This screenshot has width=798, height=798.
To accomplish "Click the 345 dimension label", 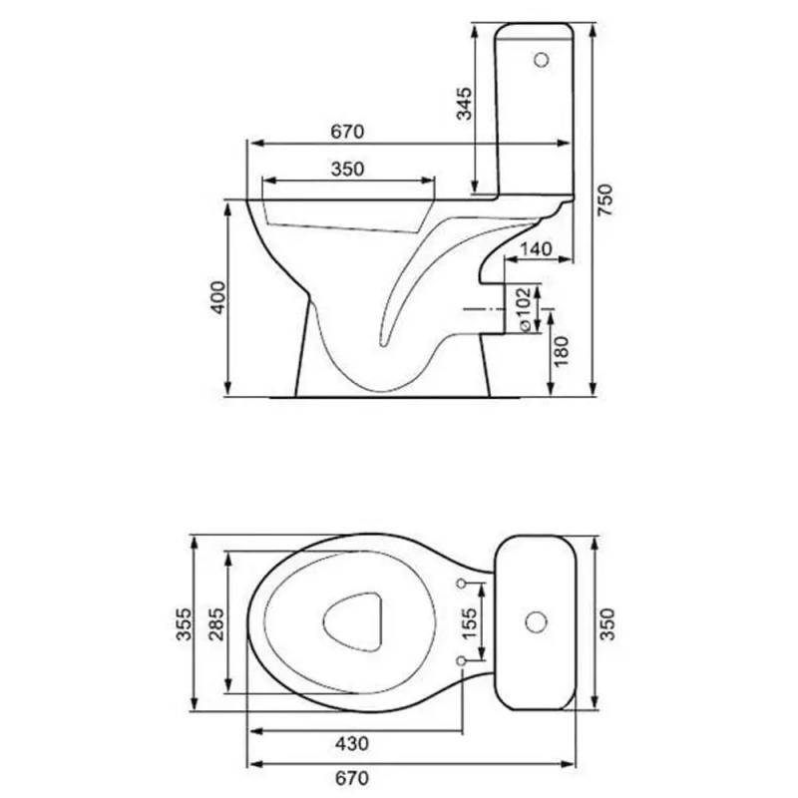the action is (464, 104).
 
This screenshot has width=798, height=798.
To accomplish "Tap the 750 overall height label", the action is (605, 200).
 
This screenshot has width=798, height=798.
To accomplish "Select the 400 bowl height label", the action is (217, 297).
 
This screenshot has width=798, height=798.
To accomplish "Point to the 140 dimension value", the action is (537, 248).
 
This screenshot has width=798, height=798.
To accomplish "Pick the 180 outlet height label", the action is (561, 351).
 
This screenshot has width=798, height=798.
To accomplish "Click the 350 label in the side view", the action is (347, 169).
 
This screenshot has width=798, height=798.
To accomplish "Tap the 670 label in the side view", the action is (347, 132).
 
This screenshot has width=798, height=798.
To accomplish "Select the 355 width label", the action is (184, 624).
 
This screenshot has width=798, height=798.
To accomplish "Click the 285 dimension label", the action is (216, 624).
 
